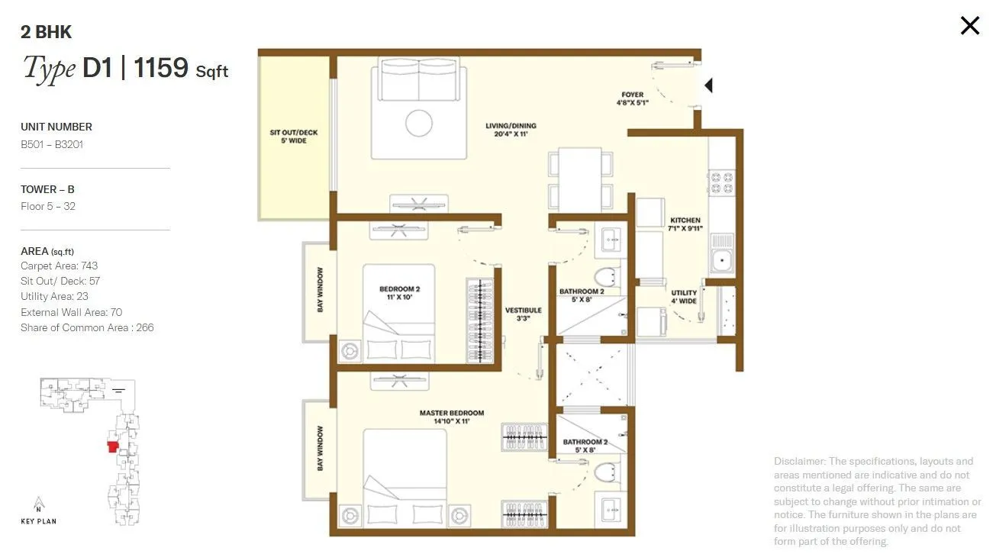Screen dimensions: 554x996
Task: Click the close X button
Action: pos(969,26)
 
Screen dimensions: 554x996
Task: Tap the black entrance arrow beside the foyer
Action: pos(708,85)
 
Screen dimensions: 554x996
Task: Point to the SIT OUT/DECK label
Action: pos(294,137)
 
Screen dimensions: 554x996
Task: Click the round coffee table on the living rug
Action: pos(419,124)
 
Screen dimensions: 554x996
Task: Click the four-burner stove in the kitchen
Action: pos(722,184)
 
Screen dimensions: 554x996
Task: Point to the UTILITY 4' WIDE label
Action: pos(684,297)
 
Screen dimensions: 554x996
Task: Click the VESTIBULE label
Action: pos(523,314)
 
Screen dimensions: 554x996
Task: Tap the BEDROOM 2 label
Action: pos(400,293)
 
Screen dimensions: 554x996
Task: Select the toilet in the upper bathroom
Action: pos(608,278)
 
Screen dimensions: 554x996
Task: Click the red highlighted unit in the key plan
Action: pos(113,446)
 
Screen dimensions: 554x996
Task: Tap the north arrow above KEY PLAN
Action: pos(37,504)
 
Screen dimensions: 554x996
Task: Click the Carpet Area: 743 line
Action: pos(59,266)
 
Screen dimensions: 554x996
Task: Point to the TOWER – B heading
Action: pos(47,189)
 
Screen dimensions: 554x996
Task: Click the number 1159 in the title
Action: pos(161,68)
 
